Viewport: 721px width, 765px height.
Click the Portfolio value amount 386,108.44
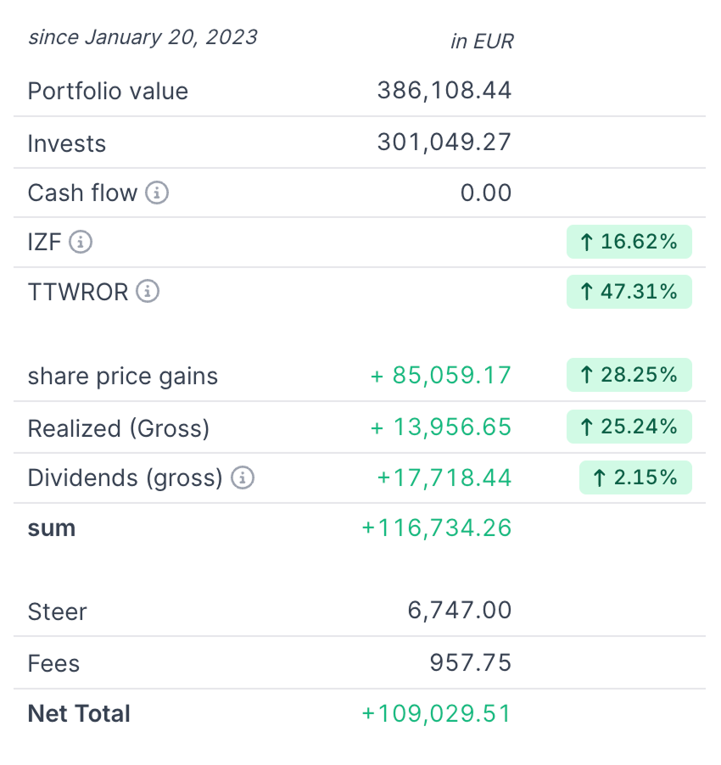444,91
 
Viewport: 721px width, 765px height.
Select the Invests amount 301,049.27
444,142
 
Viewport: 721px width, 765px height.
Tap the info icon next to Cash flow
157,193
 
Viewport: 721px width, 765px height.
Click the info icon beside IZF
81,242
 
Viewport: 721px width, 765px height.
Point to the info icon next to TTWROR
148,292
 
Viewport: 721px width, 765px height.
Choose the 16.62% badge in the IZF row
629,242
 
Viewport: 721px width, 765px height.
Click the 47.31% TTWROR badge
629,292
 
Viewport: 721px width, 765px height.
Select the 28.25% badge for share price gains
629,375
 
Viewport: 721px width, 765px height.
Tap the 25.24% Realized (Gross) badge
629,427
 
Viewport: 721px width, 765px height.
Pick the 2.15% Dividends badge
635,477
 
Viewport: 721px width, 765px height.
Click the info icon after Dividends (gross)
243,477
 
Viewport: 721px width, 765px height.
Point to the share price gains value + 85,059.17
441,376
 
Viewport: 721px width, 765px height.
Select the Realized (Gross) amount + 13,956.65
441,427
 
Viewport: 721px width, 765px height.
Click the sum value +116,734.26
437,528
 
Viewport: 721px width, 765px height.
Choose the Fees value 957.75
471,662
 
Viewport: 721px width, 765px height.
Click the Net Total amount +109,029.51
437,713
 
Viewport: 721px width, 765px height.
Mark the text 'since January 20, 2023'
143,37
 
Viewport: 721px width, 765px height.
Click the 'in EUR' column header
482,41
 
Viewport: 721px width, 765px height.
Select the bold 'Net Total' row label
79,713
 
